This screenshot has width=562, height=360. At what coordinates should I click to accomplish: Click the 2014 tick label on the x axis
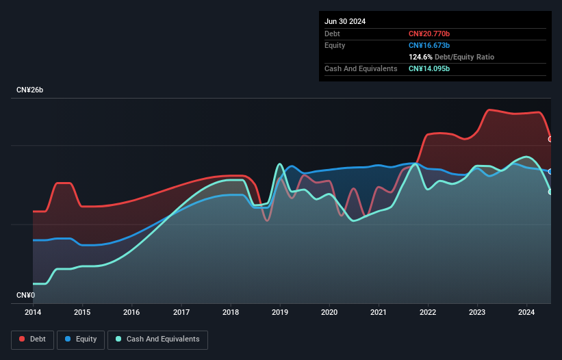(33, 313)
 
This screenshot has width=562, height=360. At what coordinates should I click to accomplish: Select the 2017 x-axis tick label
(181, 313)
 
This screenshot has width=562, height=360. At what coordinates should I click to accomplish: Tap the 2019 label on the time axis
(280, 313)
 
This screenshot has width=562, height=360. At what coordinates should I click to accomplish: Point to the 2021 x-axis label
(379, 313)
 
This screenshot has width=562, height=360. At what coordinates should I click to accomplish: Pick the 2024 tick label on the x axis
(527, 313)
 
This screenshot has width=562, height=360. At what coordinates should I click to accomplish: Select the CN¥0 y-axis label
(25, 296)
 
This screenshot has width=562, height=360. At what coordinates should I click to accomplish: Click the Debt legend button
(31, 339)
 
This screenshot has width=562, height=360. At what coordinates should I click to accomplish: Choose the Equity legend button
(81, 339)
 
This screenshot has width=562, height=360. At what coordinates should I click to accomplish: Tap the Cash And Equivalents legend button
(157, 339)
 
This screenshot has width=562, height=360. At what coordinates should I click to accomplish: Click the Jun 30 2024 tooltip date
(345, 21)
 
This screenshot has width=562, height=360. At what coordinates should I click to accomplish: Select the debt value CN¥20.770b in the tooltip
(430, 34)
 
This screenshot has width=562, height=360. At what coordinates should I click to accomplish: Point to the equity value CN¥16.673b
(430, 45)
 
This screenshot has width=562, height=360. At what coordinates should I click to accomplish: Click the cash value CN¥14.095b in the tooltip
(430, 68)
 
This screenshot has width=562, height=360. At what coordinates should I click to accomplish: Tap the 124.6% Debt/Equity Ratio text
(451, 57)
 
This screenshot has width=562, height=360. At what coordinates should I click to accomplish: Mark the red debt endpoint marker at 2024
(550, 139)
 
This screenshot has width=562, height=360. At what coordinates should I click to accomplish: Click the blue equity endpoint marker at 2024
(550, 171)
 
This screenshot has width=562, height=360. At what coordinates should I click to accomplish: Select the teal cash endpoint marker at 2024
(550, 192)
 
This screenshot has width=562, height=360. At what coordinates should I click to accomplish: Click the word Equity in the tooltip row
(335, 45)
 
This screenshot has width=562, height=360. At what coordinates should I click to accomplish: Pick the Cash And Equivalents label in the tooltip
(361, 68)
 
